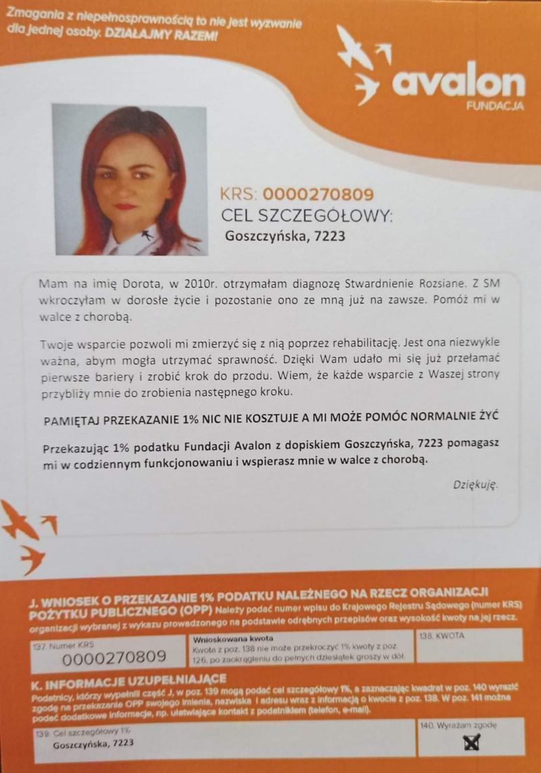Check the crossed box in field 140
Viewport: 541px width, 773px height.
coord(471,743)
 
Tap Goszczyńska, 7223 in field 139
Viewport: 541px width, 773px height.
coord(93,743)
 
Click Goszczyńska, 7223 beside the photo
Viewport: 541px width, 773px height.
coord(285,237)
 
